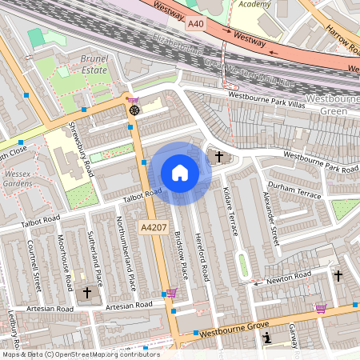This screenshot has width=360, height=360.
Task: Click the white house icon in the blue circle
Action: point(180,173)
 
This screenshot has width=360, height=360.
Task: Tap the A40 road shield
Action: point(196,25)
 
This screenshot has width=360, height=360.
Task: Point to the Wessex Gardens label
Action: point(17,177)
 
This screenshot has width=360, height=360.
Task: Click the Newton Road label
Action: point(289,277)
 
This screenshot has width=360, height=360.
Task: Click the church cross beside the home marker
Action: point(218,156)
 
